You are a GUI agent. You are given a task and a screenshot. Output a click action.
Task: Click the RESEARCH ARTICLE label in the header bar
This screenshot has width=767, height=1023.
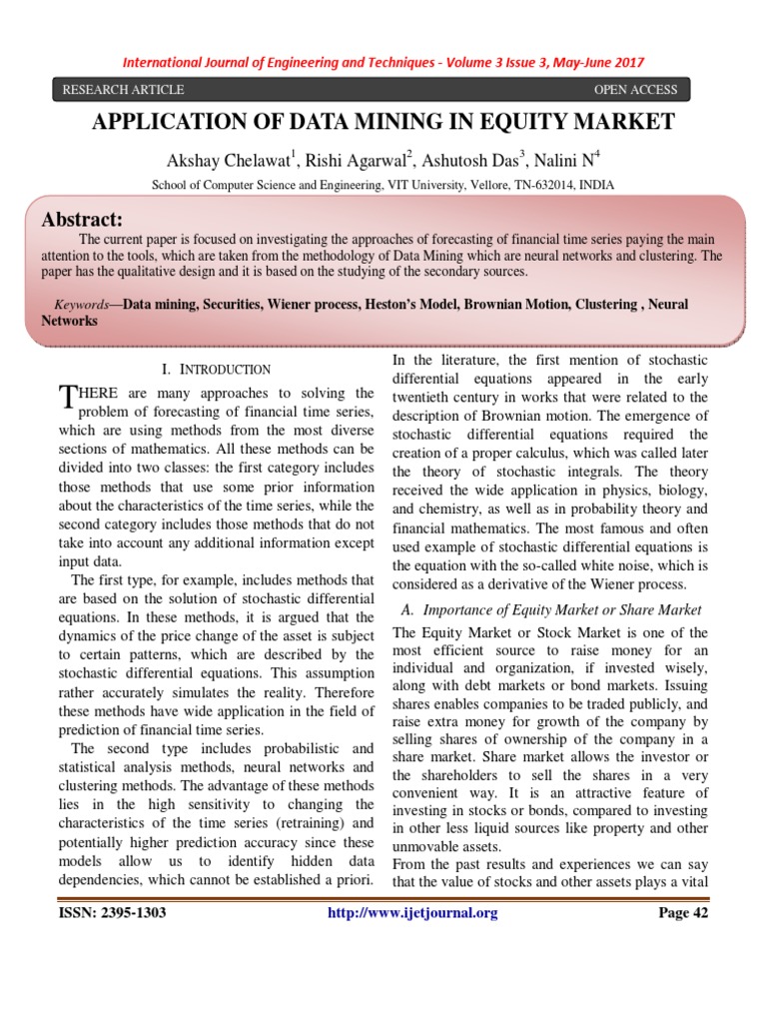pos(123,90)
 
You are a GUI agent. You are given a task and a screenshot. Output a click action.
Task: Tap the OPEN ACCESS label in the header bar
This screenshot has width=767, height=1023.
pos(635,90)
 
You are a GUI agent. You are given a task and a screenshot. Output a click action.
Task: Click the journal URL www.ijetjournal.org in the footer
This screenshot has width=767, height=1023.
pos(412,912)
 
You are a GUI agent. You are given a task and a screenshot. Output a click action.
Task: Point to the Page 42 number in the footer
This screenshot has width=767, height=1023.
pos(681,912)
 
